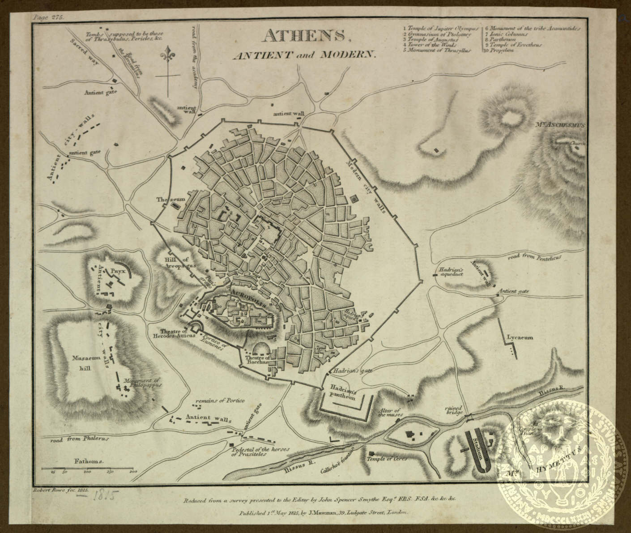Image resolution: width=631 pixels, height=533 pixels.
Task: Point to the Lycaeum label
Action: tap(520, 338)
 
